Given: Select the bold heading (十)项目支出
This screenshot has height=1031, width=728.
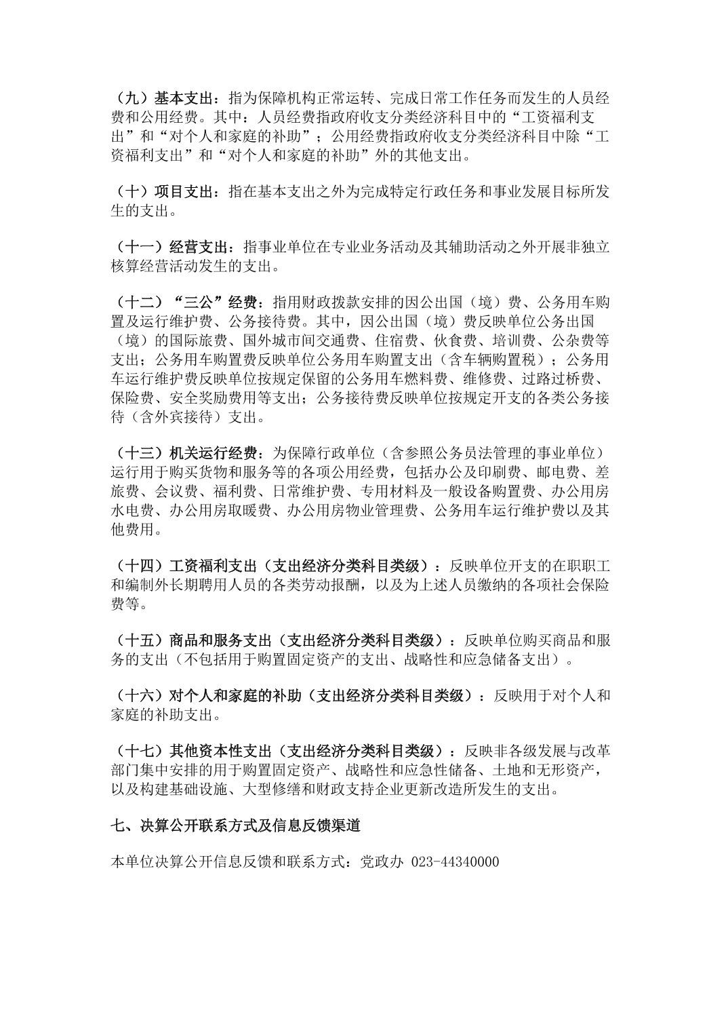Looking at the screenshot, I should [x=162, y=191].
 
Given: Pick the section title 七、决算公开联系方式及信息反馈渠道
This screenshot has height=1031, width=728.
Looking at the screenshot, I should [x=235, y=826].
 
